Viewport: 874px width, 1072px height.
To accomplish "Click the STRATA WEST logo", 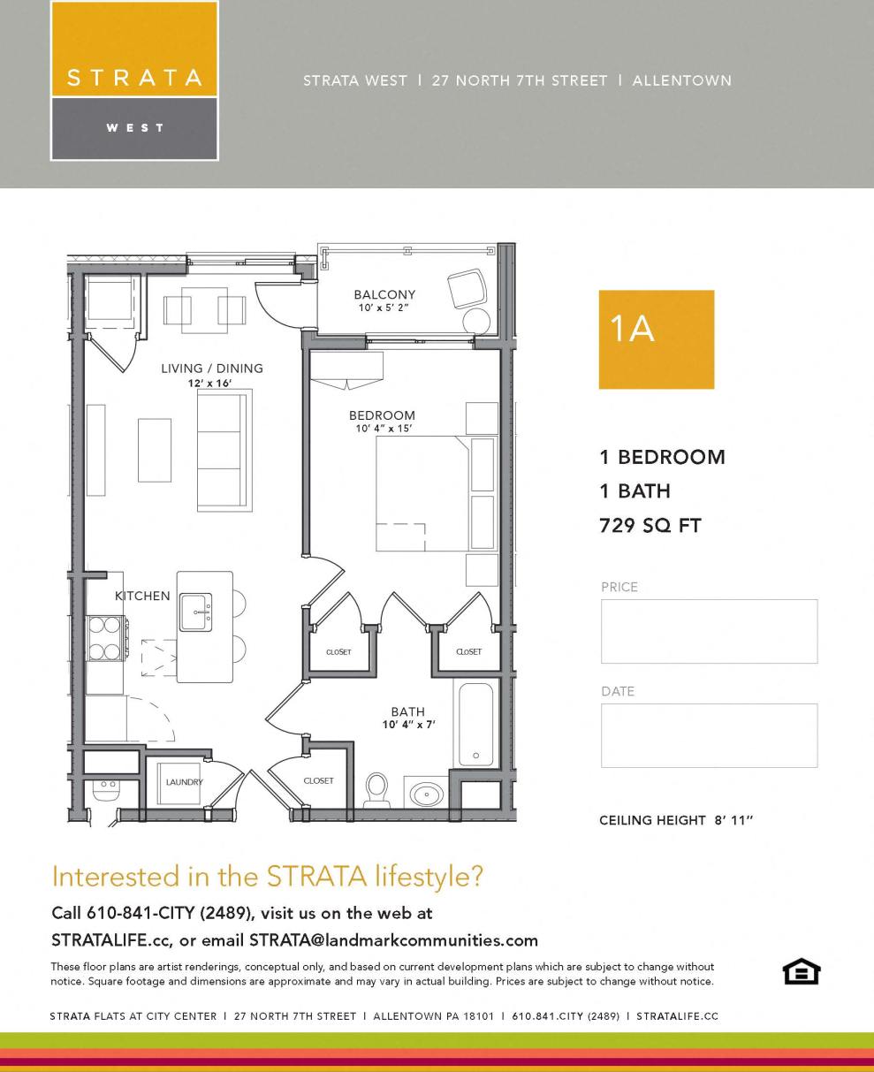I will (x=134, y=80).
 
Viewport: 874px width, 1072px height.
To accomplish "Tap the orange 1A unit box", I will (x=656, y=339).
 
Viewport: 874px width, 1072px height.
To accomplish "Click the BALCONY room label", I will (x=384, y=295).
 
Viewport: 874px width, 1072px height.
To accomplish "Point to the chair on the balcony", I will (x=466, y=289).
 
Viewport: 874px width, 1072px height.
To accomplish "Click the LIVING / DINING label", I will (x=212, y=369).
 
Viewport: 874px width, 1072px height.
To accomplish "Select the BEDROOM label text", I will (x=382, y=415).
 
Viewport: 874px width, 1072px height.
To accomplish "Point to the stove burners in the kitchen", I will (x=104, y=638).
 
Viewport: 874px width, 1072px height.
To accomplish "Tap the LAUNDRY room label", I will (x=185, y=782).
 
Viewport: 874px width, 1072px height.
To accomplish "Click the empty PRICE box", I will (x=709, y=631).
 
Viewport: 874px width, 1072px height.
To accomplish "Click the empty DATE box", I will (x=709, y=735).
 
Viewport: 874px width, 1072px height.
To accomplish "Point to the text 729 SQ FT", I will (x=650, y=526).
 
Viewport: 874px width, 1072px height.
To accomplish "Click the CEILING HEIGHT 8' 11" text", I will (x=676, y=820).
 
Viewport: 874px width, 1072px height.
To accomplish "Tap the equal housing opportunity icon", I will (x=802, y=971).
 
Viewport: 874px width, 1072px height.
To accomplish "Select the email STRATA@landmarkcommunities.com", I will (x=393, y=939).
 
